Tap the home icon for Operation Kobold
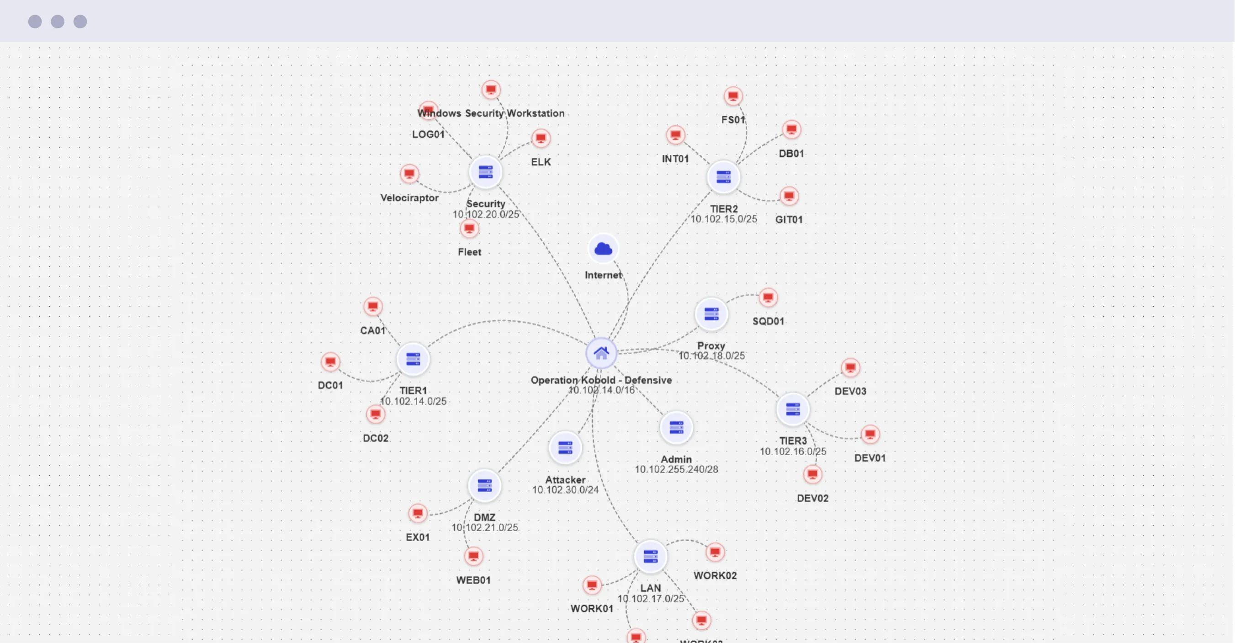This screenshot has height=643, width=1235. (x=601, y=353)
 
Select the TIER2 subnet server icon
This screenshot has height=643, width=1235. (x=723, y=177)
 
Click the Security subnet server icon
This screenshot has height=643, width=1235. (x=485, y=172)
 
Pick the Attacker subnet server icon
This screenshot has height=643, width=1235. (x=565, y=448)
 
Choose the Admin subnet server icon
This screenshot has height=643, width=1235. (x=676, y=427)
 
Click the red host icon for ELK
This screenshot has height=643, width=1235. (x=541, y=138)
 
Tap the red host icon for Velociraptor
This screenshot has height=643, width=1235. (x=409, y=174)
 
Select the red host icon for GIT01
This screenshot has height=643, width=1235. (x=789, y=196)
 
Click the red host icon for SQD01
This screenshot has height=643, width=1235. (x=768, y=298)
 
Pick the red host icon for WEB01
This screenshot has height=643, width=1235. (x=473, y=556)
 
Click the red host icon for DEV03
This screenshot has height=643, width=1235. (x=850, y=368)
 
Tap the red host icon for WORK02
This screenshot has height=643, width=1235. (x=715, y=552)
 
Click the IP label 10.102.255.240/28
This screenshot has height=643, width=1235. (x=676, y=469)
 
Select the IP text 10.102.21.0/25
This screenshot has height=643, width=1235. (x=484, y=527)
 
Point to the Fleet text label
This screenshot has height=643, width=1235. (x=469, y=252)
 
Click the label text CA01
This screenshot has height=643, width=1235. (x=372, y=330)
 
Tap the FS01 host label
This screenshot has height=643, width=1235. (x=733, y=120)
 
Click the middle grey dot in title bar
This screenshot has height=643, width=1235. (x=58, y=21)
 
